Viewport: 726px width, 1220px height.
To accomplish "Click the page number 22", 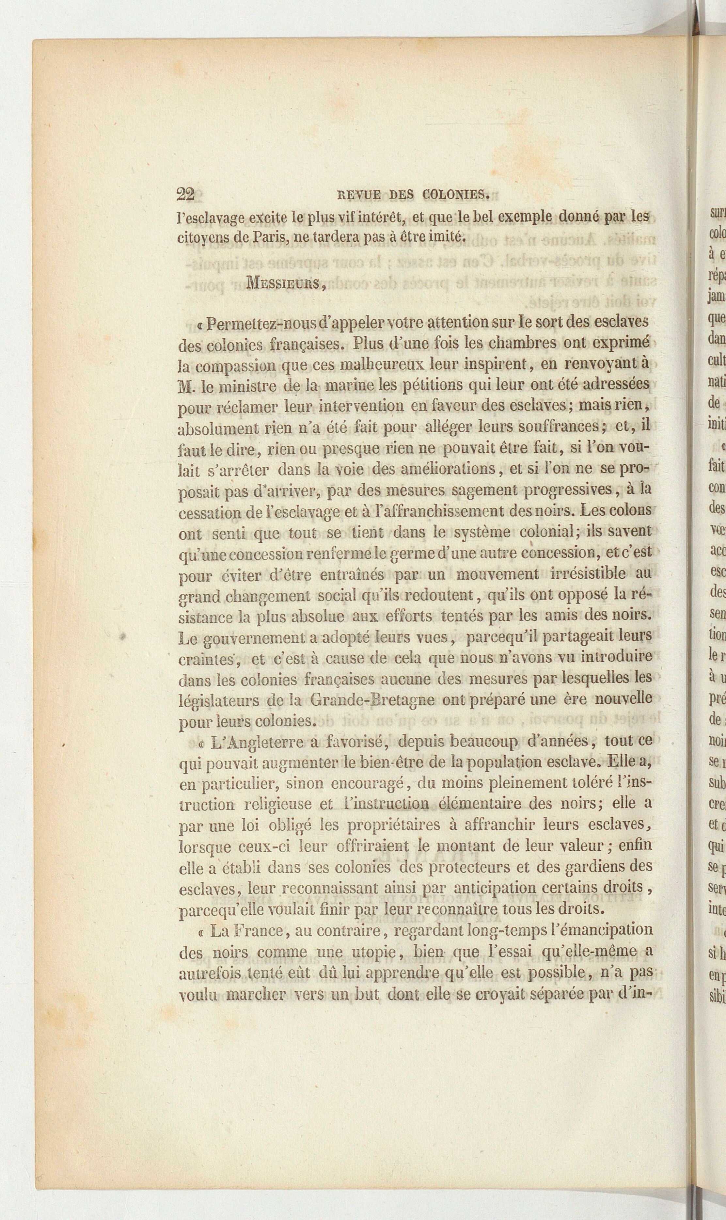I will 185,194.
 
